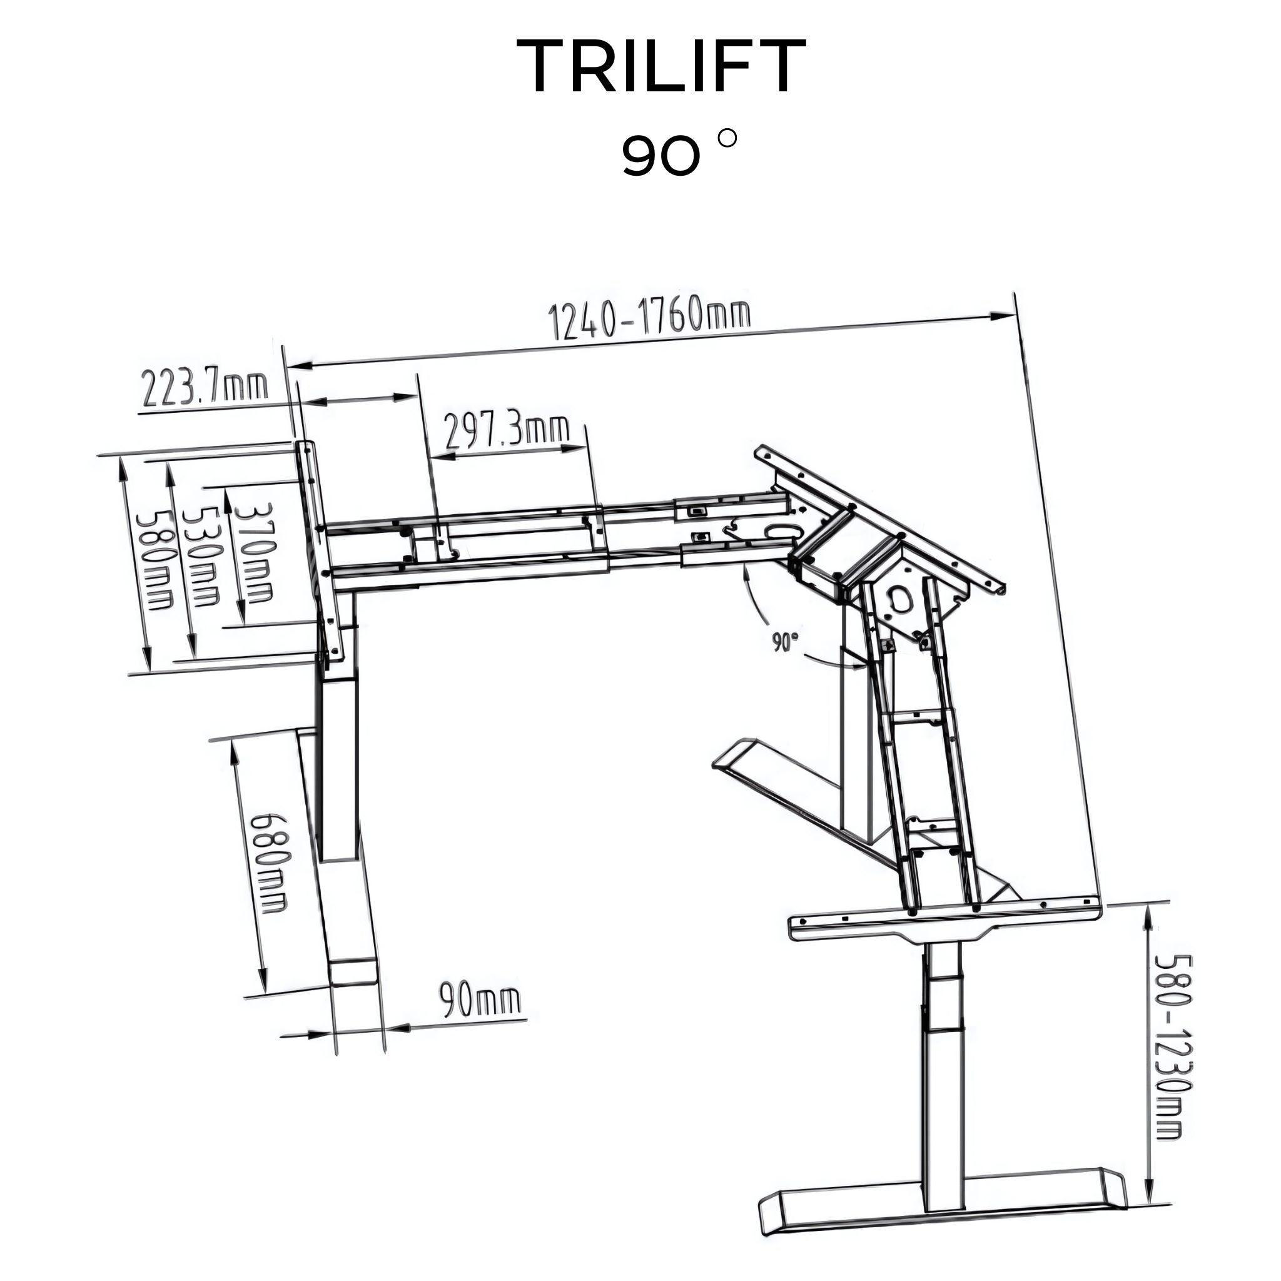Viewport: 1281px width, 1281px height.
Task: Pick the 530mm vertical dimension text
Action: click(201, 555)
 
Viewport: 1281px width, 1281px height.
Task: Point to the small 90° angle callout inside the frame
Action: click(784, 642)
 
